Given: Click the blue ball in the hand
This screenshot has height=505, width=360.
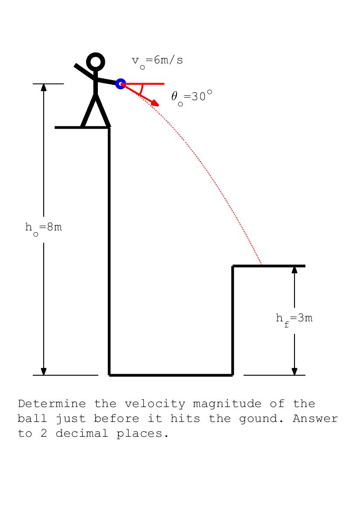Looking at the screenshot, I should [121, 84].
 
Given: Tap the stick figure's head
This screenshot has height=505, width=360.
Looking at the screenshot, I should [96, 62].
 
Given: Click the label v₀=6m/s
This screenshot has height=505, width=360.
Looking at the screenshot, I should [157, 61].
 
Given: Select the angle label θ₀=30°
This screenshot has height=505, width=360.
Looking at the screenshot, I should [191, 97].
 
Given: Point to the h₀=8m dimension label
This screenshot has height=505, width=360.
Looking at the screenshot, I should [43, 228].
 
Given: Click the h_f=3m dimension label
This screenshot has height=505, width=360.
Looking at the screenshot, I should [294, 319].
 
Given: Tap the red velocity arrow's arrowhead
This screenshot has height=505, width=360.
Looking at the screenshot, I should [155, 103].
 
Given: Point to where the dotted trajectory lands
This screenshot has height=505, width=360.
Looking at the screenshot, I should [262, 265].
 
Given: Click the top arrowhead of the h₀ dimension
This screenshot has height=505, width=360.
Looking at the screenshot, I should [44, 87].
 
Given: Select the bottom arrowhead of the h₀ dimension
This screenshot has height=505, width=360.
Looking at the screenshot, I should [44, 371].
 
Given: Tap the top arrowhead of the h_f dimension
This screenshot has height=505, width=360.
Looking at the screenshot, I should [294, 269].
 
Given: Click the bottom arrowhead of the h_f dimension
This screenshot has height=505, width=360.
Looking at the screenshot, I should [294, 371].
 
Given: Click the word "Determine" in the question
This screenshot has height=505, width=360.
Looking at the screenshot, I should [52, 404].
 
